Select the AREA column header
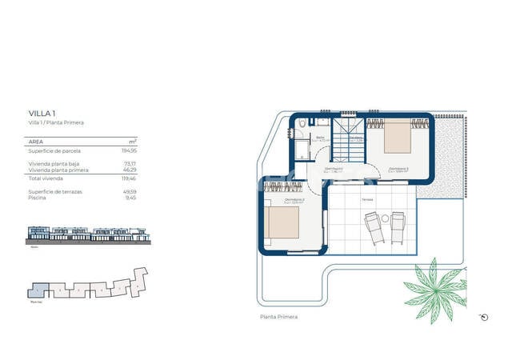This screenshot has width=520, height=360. coord(37,140)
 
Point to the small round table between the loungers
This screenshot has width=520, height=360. coord(385,218)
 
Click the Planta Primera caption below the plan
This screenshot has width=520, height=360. coord(278,317)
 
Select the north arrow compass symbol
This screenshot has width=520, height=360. coord(483,317)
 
